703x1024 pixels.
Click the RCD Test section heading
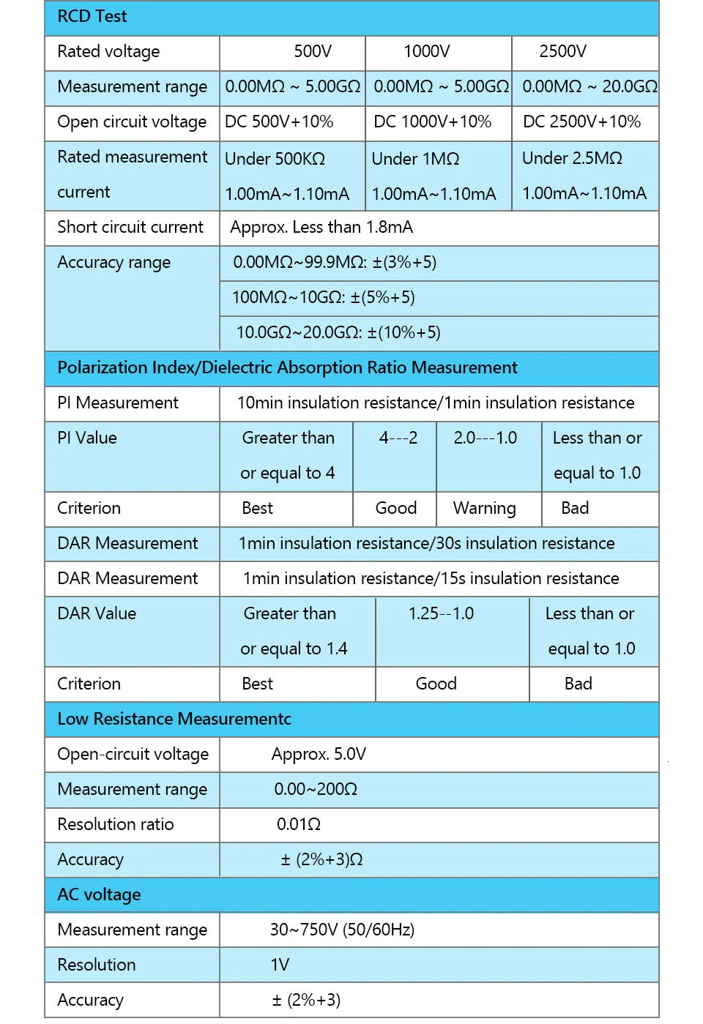(x=92, y=17)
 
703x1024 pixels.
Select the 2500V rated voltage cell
(x=562, y=52)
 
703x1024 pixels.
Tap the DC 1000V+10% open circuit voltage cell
(x=432, y=122)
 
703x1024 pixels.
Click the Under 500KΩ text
(x=275, y=159)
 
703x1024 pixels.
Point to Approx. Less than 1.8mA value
(x=321, y=228)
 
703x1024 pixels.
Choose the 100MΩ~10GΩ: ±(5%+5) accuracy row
(x=324, y=298)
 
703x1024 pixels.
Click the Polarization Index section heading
(x=287, y=367)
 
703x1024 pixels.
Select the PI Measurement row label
(x=118, y=403)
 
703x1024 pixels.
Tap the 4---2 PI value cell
(x=398, y=438)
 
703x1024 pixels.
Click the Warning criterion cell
(x=484, y=508)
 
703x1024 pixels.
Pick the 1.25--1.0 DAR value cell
(x=441, y=613)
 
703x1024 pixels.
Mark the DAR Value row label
(x=97, y=613)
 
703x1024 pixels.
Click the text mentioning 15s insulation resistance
(x=431, y=578)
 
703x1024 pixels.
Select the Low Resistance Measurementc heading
(x=174, y=719)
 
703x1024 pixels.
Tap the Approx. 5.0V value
(x=319, y=754)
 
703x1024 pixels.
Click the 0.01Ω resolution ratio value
(x=299, y=824)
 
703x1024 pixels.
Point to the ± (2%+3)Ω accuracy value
(x=321, y=859)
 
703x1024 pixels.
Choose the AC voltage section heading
(x=99, y=894)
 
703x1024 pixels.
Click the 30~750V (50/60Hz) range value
(x=342, y=930)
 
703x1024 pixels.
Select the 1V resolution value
(x=280, y=965)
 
